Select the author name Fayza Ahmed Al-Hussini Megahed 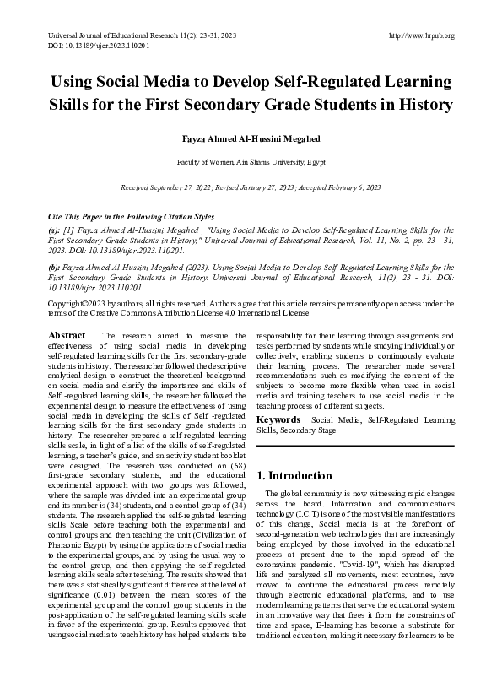tap(251, 136)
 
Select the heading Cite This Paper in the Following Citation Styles tap(132, 217)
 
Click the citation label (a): tap(55, 230)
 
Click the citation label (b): tap(55, 266)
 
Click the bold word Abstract tap(67, 336)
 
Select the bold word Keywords tap(278, 419)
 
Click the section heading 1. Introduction tap(295, 475)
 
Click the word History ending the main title tap(422, 106)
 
